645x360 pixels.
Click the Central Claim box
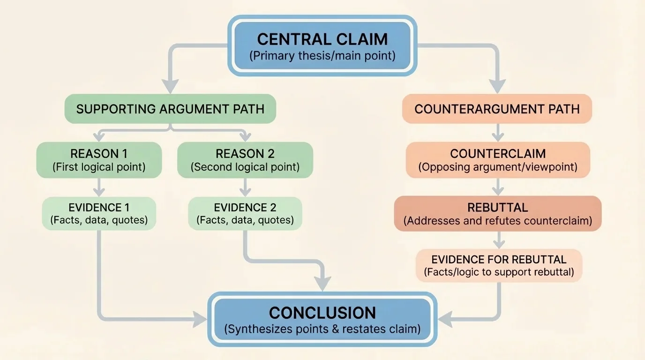tap(322, 45)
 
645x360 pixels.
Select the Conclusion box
tap(322, 320)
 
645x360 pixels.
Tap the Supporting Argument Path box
tap(170, 109)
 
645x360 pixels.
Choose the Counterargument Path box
tap(497, 109)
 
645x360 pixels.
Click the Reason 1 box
tap(99, 160)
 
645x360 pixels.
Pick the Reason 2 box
tap(245, 160)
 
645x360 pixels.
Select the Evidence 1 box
tap(99, 213)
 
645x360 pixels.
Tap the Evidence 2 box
tap(245, 213)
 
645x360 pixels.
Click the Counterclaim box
tap(497, 160)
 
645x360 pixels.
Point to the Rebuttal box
tap(497, 213)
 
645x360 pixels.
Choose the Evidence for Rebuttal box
tap(499, 265)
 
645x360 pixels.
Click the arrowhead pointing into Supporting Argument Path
tap(170, 86)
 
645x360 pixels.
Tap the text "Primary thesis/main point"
tap(322, 56)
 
